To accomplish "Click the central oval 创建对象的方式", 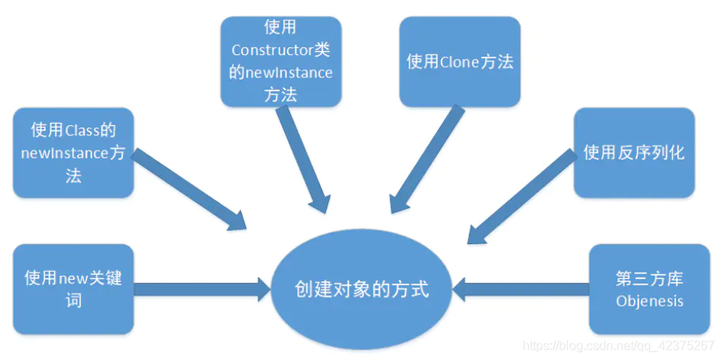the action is click(x=361, y=289).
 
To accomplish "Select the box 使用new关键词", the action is click(x=73, y=289).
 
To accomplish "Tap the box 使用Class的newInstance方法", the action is click(x=73, y=153).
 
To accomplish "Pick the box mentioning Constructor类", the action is click(x=281, y=61).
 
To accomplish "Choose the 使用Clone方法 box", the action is click(x=460, y=61).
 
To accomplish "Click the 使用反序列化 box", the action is click(x=634, y=152).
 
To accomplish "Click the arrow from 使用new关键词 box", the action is click(x=201, y=289).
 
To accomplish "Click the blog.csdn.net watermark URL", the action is click(x=618, y=346).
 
